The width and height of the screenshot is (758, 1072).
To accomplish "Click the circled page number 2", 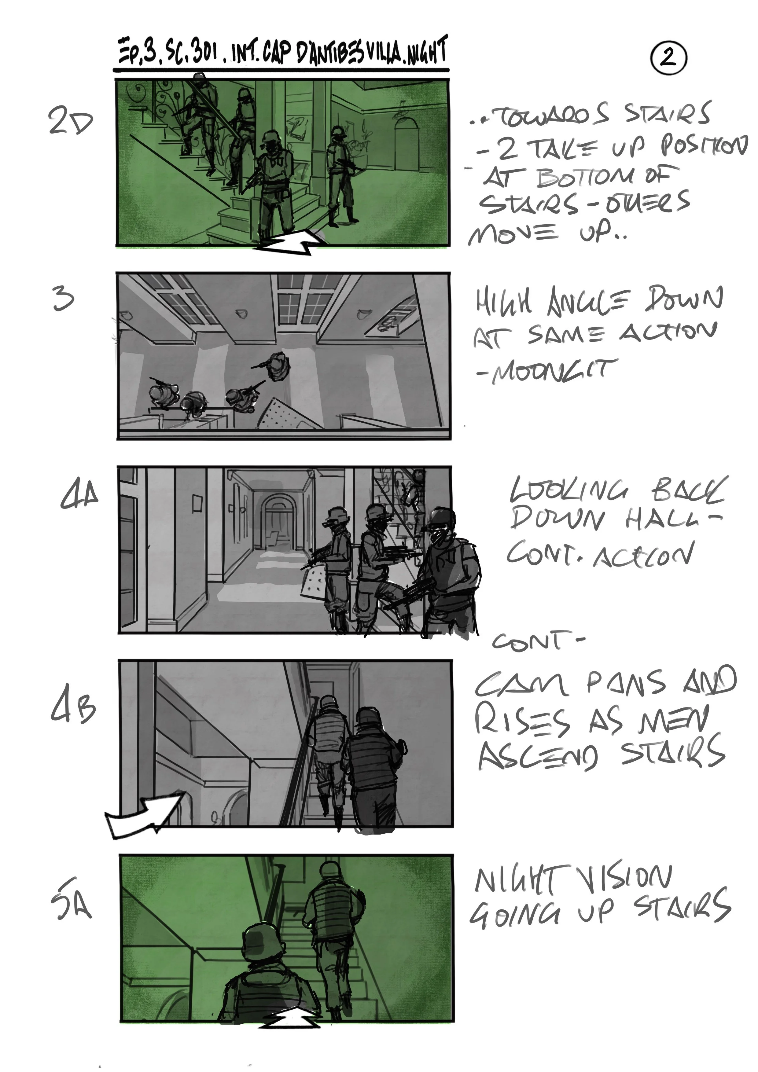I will pos(668,58).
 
